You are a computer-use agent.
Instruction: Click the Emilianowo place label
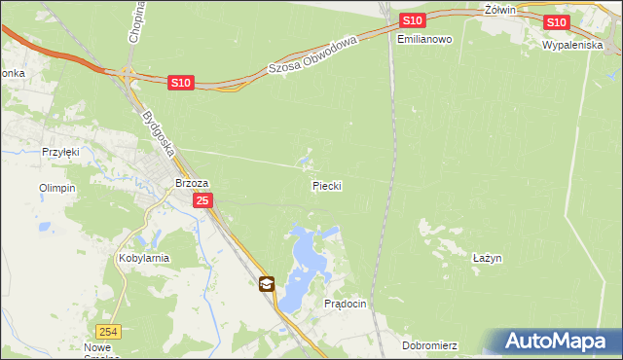tap(425, 40)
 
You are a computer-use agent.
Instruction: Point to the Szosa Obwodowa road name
tap(313, 54)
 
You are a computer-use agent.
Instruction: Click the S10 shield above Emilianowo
tap(412, 20)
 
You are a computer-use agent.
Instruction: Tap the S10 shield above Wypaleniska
tap(556, 22)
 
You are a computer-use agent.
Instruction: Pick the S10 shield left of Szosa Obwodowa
tap(180, 84)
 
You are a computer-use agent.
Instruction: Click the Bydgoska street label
tap(157, 134)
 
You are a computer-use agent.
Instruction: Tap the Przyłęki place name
tap(59, 152)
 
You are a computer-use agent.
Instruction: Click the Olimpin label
tap(56, 188)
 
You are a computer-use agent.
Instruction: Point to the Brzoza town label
tap(192, 182)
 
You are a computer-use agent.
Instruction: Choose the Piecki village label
tap(326, 185)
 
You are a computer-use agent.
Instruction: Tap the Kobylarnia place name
tap(144, 258)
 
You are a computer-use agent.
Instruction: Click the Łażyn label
tap(487, 258)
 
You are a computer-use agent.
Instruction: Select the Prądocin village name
tap(345, 304)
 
